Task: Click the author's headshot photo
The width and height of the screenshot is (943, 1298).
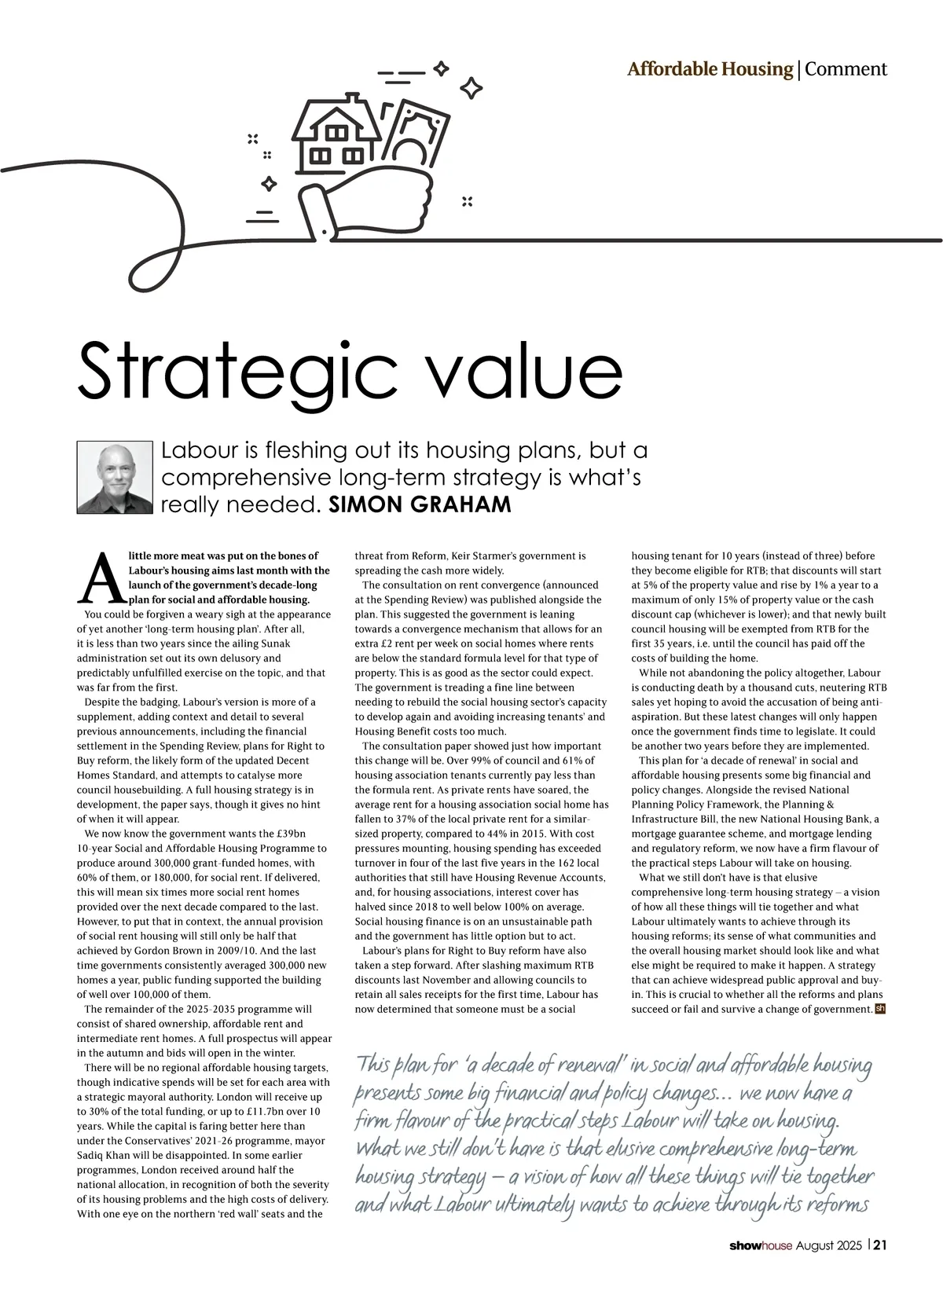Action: click(114, 478)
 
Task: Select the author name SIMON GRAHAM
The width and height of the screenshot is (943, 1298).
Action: click(420, 504)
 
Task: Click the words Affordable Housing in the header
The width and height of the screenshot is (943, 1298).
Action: click(710, 69)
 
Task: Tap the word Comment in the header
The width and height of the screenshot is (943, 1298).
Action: click(846, 69)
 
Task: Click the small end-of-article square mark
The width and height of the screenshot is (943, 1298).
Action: click(880, 1009)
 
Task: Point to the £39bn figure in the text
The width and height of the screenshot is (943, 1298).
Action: click(289, 834)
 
